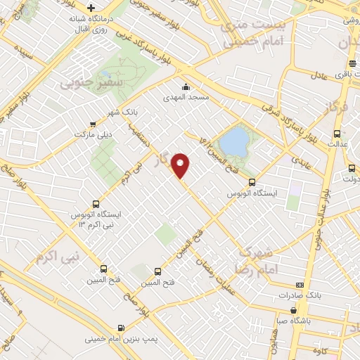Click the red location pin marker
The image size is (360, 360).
point(181,165)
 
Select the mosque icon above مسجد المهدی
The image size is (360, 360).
point(186,87)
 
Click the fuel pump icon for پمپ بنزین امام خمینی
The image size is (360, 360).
point(122,328)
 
